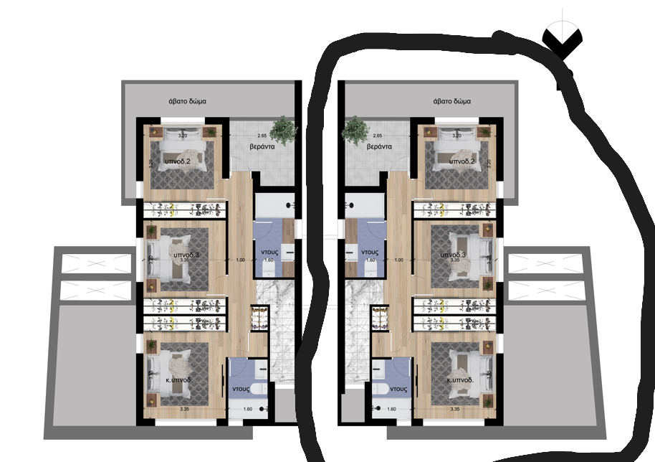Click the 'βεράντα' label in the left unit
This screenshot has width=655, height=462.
coord(263,146)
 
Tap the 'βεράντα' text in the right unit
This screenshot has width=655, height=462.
coord(378,146)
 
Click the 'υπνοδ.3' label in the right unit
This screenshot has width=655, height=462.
coord(454,255)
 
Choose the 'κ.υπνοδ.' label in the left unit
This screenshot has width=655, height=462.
coord(176,379)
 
